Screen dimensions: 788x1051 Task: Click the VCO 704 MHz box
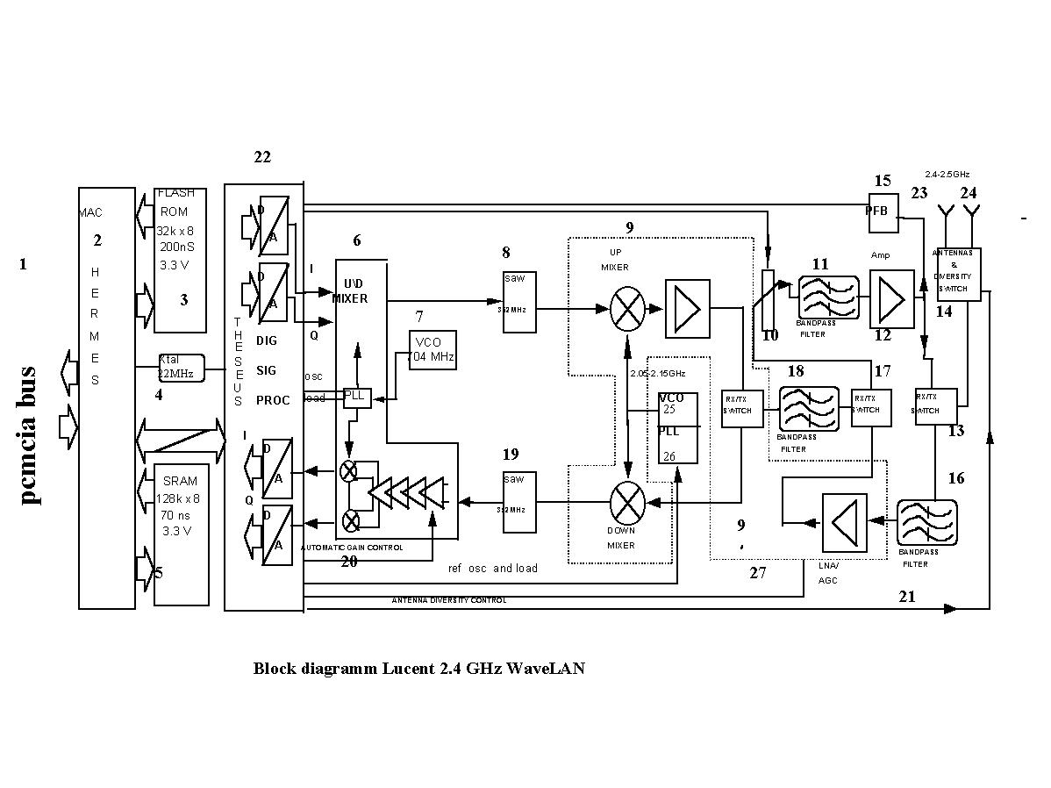[432, 349]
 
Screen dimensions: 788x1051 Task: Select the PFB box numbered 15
[883, 213]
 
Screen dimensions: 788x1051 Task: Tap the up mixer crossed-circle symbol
[627, 308]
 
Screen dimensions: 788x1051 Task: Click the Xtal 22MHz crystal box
[180, 367]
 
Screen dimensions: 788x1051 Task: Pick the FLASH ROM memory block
[180, 260]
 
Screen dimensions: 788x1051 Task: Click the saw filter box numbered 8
[519, 301]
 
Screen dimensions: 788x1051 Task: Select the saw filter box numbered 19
[519, 502]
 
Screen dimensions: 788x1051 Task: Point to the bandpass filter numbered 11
[828, 297]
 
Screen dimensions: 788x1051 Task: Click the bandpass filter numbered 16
[926, 523]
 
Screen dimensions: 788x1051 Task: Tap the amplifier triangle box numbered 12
[890, 297]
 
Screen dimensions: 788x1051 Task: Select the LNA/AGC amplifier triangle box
[844, 522]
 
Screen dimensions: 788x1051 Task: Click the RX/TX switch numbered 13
[934, 406]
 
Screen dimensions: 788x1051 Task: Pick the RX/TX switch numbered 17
[870, 406]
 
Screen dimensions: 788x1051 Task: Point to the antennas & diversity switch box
[958, 275]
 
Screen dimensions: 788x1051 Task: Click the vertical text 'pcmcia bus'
[28, 434]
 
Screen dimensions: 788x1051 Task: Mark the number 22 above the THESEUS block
[262, 157]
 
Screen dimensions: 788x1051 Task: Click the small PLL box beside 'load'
[356, 397]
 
